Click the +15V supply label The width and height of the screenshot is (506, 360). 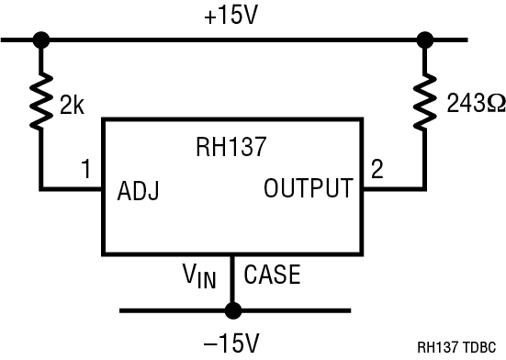coord(233,17)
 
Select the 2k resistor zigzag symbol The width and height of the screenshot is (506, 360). coord(40,105)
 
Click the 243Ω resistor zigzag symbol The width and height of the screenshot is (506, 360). coord(424,105)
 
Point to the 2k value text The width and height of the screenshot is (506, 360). coord(72,106)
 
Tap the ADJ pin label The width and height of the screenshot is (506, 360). coord(139,192)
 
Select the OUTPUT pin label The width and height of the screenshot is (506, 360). coord(308,189)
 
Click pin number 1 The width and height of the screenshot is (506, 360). coord(85,169)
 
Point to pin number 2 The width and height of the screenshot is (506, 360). coord(377,169)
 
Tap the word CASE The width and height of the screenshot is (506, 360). coord(271,274)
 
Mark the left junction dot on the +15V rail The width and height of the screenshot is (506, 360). coord(40,40)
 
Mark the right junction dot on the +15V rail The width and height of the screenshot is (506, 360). coord(424,40)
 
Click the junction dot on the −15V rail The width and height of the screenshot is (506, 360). coord(233,309)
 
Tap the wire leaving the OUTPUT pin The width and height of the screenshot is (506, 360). coord(390,190)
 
